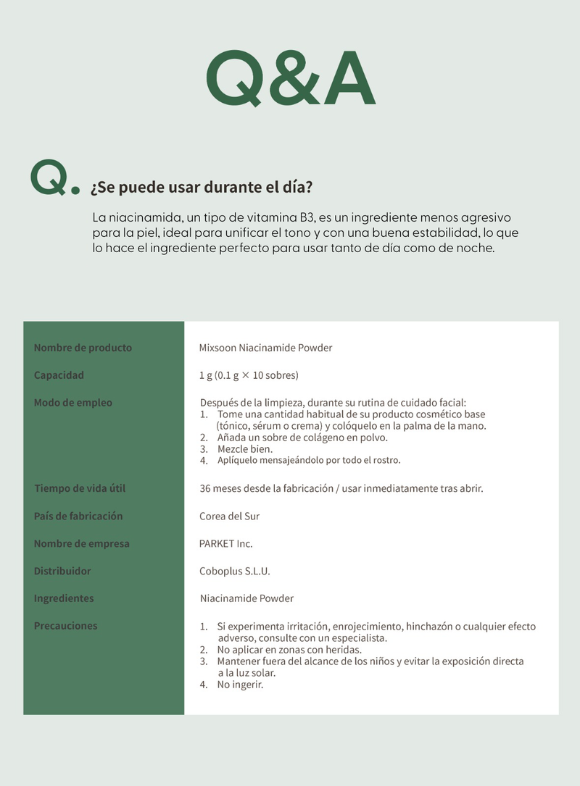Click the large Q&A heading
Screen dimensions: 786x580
[x=290, y=78]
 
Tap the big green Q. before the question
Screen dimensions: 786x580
[x=54, y=178]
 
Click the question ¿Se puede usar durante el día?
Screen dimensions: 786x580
[x=201, y=188]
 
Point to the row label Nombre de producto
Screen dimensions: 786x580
[x=83, y=348]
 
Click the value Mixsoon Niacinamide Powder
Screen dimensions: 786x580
[x=265, y=348]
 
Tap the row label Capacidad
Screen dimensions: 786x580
[x=59, y=375]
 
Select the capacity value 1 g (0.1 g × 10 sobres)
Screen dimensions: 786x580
[x=249, y=375]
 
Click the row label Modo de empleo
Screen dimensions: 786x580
[x=72, y=403]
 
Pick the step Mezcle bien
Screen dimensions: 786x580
[x=245, y=449]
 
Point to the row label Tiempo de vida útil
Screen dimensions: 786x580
[x=80, y=488]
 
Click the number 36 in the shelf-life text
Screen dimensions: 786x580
[x=206, y=488]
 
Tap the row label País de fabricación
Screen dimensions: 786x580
[x=78, y=516]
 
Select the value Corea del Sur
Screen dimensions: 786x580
[x=229, y=517]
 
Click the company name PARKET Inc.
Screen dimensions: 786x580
[x=225, y=543]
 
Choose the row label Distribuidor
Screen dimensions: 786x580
[x=62, y=571]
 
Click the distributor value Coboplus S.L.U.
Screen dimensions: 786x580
[x=234, y=571]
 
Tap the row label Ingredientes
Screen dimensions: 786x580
[x=64, y=598]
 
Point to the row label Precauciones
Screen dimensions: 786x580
[x=65, y=626]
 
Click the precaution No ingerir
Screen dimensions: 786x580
[x=240, y=684]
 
